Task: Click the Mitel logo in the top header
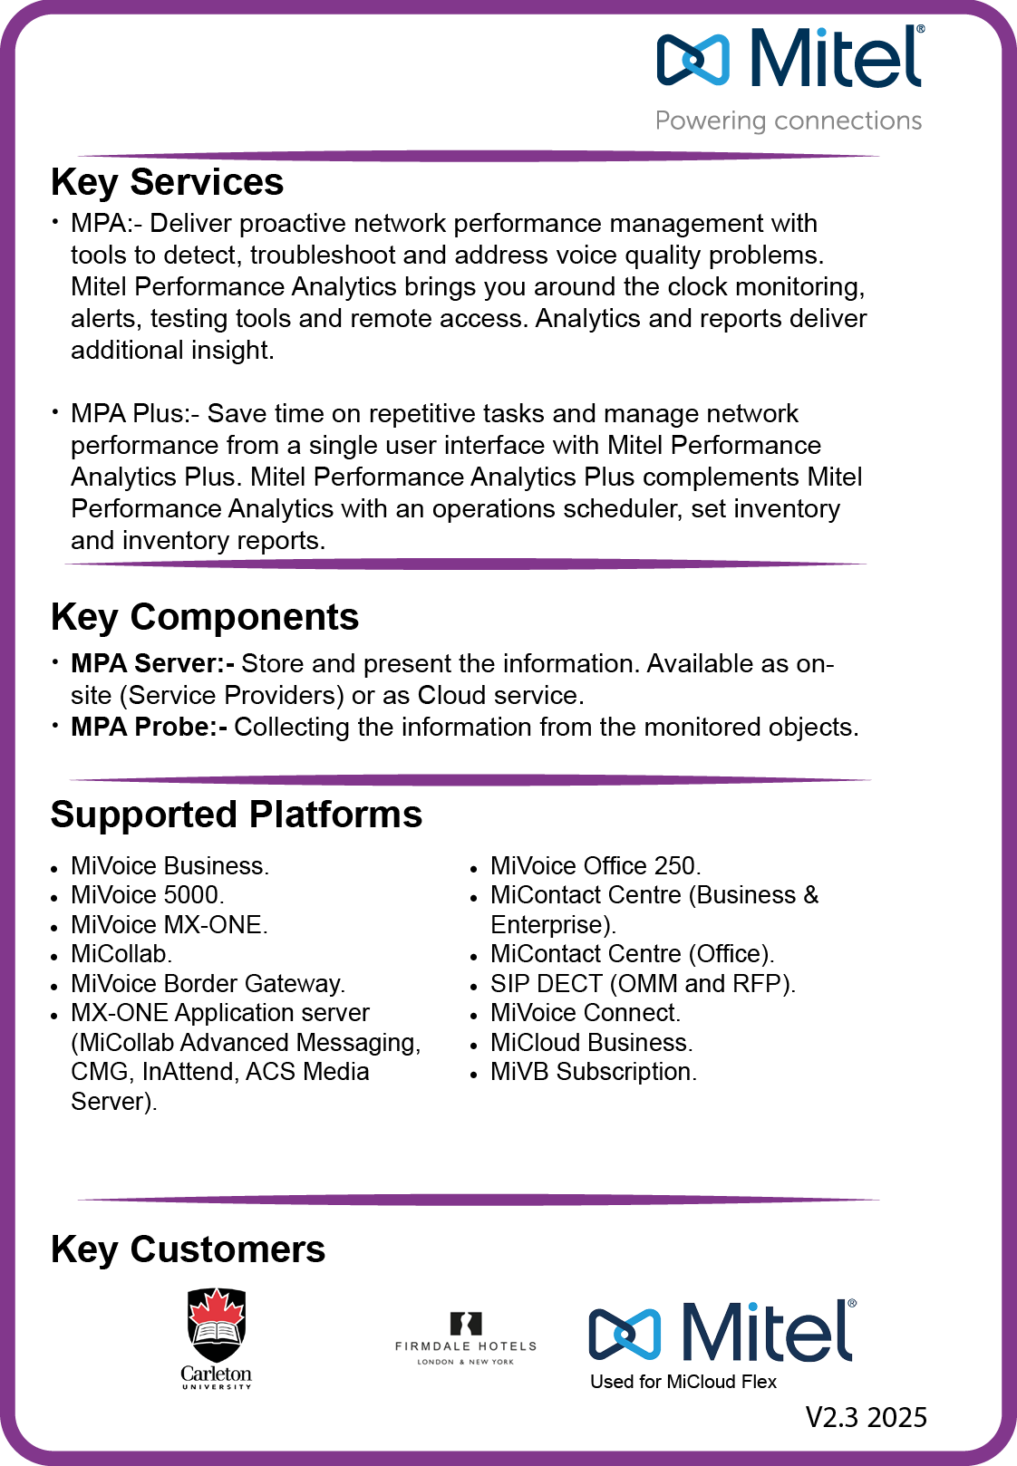(x=789, y=57)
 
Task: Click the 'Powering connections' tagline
(x=789, y=121)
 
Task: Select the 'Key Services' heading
(x=167, y=182)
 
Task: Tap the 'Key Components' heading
(x=205, y=617)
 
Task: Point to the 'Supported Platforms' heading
(x=237, y=815)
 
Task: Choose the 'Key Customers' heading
(x=188, y=1249)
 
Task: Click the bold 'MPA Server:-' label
(x=152, y=663)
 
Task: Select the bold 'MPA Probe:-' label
(x=149, y=727)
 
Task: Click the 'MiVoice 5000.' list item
(x=148, y=895)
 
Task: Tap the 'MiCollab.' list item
(x=121, y=954)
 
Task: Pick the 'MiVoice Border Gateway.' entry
(x=208, y=984)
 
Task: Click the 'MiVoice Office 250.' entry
(x=596, y=866)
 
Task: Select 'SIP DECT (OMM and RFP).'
(x=643, y=984)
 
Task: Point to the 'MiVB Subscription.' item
(x=594, y=1072)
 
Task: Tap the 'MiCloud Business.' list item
(x=591, y=1043)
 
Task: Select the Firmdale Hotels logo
(x=466, y=1338)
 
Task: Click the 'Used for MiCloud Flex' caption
(x=683, y=1382)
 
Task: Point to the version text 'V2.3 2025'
(x=867, y=1417)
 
